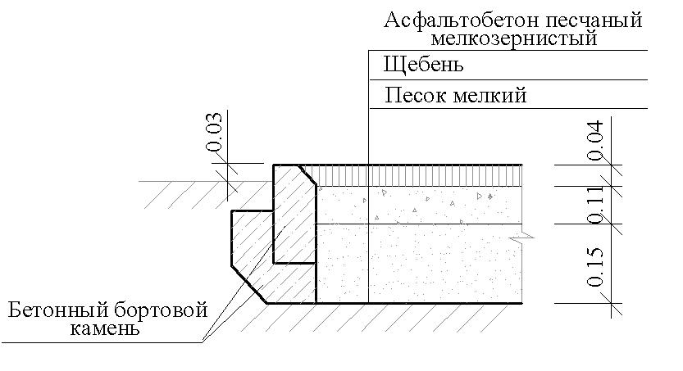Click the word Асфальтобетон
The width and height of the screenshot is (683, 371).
coord(450,20)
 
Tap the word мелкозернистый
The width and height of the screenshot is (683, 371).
coord(513,38)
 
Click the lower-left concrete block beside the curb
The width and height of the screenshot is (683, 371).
coord(250,246)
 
